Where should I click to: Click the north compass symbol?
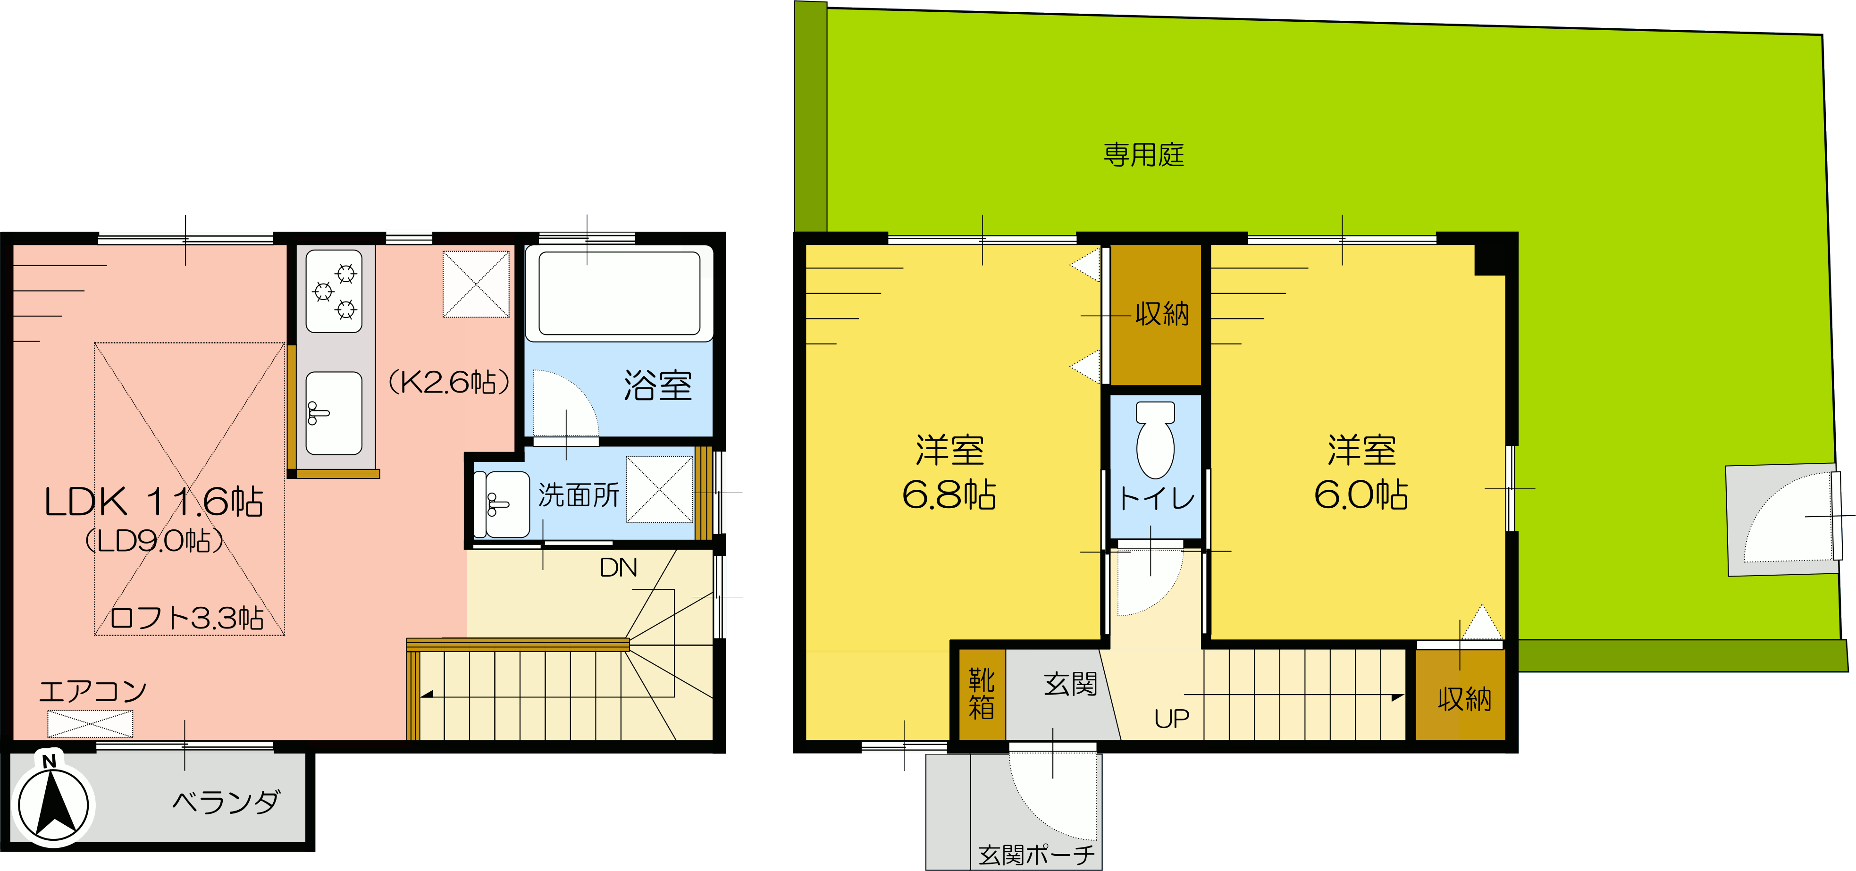click(x=52, y=802)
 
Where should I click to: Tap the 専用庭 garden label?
click(x=1144, y=155)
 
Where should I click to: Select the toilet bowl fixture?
click(x=1155, y=439)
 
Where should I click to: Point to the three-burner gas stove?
click(x=334, y=291)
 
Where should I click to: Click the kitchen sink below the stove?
click(x=334, y=413)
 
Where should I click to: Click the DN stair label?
click(x=618, y=568)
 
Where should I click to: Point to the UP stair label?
click(x=1172, y=718)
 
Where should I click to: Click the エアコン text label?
click(x=93, y=692)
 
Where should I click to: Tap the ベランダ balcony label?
click(x=226, y=802)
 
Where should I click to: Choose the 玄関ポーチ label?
click(x=1036, y=855)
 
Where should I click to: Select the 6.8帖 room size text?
click(x=949, y=495)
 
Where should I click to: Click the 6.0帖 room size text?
click(x=1361, y=495)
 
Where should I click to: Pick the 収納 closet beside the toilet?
click(x=1156, y=315)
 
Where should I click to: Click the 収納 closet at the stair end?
click(x=1461, y=695)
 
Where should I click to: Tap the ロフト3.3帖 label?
click(x=186, y=618)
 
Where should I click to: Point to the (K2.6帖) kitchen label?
click(x=449, y=382)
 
